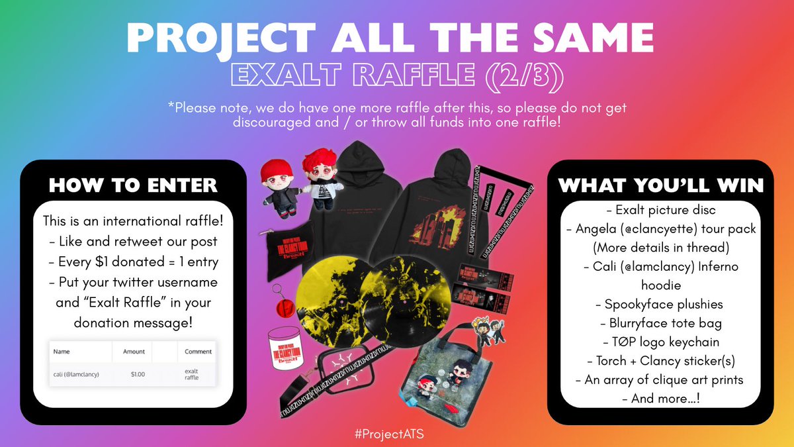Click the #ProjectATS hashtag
(x=396, y=433)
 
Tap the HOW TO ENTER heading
(x=133, y=185)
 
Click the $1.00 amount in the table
(x=137, y=374)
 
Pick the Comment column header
(x=198, y=352)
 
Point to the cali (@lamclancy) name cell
(x=77, y=374)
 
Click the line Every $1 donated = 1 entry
(x=133, y=261)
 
